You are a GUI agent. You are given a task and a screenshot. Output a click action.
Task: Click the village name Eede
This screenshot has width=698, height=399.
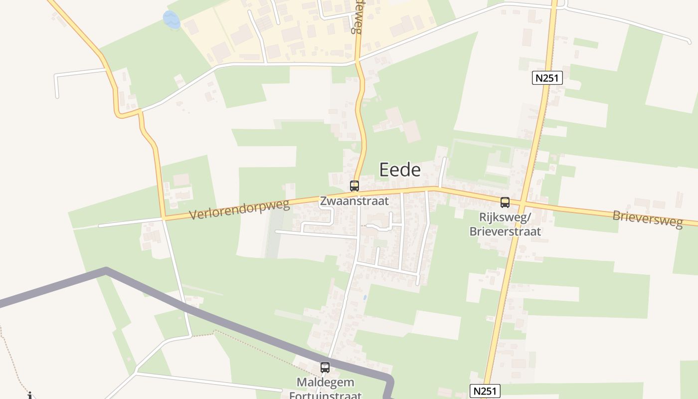pos(400,170)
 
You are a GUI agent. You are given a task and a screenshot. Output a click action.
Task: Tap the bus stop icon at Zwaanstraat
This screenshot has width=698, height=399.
pos(354,186)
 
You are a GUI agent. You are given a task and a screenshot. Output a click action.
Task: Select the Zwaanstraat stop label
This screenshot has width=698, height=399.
pos(354,201)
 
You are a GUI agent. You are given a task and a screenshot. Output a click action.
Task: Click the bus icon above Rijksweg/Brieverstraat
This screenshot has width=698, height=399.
pos(505,202)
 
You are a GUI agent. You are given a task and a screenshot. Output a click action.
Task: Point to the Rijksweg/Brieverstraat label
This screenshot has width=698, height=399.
pos(505,224)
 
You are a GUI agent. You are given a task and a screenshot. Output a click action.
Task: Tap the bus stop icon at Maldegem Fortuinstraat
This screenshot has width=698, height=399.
pos(325,368)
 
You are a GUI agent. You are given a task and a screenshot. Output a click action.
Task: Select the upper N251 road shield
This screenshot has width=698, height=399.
pos(547,78)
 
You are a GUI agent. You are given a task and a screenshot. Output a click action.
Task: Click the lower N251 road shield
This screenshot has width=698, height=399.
pos(485,391)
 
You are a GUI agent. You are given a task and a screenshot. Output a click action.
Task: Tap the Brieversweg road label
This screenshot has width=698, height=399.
pos(647,218)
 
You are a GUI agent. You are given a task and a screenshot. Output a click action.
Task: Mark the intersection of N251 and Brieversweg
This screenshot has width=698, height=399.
pos(521,204)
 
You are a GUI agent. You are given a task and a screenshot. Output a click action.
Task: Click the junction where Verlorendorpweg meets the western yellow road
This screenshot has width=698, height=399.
pos(163,218)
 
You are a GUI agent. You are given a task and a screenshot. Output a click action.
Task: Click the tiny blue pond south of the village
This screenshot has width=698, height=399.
pos(365,298)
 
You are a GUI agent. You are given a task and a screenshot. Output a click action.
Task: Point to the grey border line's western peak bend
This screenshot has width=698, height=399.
pos(106,270)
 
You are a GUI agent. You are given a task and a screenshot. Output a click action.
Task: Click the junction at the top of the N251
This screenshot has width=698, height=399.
pos(555,6)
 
